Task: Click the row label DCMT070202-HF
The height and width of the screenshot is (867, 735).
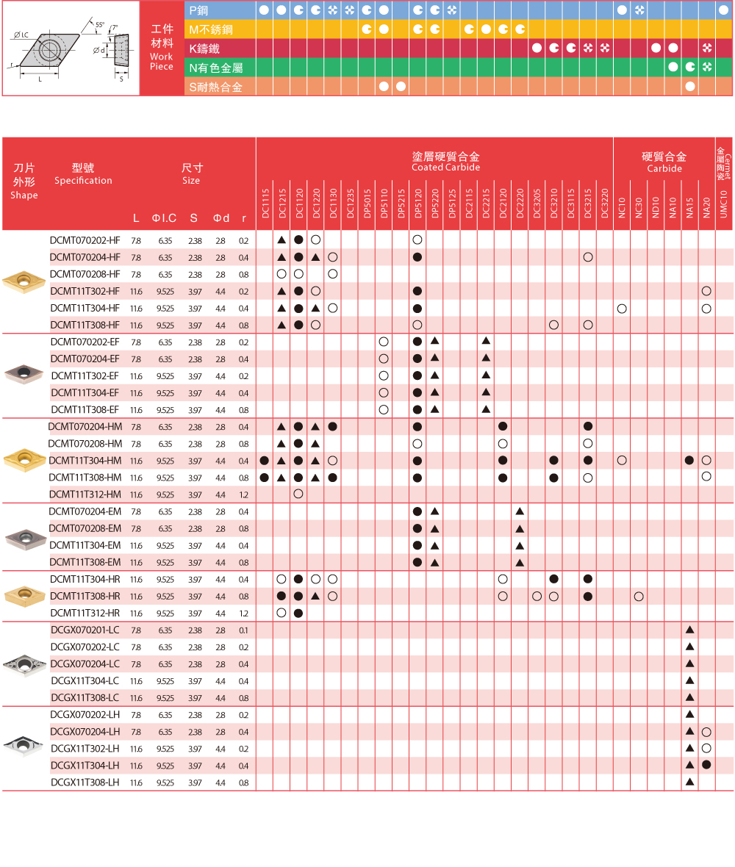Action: tap(85, 240)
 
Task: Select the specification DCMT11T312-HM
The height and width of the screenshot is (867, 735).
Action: tap(85, 494)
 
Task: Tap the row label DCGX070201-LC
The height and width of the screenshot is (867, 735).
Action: tap(85, 630)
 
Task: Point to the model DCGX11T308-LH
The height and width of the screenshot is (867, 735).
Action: tap(85, 783)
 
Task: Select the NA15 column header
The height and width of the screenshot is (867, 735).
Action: tap(689, 206)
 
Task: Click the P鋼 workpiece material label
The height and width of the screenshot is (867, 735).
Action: tap(199, 10)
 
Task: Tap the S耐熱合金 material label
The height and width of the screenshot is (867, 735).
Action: tap(215, 87)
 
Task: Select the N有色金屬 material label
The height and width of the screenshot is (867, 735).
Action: tap(216, 68)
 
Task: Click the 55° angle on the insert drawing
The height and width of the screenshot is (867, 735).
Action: tap(99, 25)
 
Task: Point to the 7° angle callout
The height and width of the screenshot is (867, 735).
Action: tap(114, 28)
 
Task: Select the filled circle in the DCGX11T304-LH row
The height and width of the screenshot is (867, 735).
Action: tap(706, 765)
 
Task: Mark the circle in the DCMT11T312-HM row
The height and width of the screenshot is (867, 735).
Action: tap(298, 494)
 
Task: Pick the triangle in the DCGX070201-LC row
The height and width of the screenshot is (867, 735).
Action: tap(689, 630)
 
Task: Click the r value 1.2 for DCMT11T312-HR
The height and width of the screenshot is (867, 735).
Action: tap(243, 614)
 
